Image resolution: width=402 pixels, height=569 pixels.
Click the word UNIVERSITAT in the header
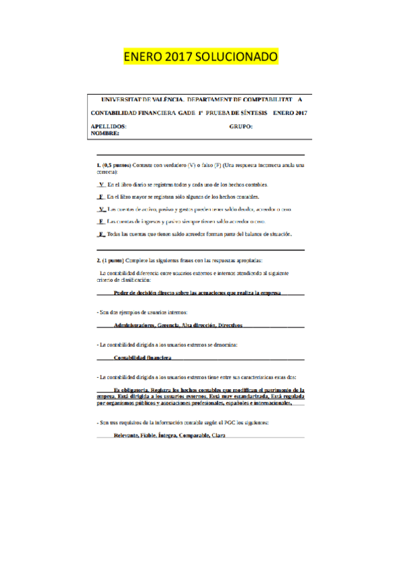coord(124,98)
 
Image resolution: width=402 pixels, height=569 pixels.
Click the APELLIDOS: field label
coord(109,126)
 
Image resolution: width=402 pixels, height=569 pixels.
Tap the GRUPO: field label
coord(241,126)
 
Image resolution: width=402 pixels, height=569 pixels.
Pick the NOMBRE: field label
coord(105,134)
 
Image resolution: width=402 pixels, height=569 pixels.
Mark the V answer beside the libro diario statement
coord(101,184)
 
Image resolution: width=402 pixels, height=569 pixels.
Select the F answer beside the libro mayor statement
coord(101,196)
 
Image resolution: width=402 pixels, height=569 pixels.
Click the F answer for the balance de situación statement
coord(101,234)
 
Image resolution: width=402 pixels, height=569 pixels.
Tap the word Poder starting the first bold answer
coord(123,293)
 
